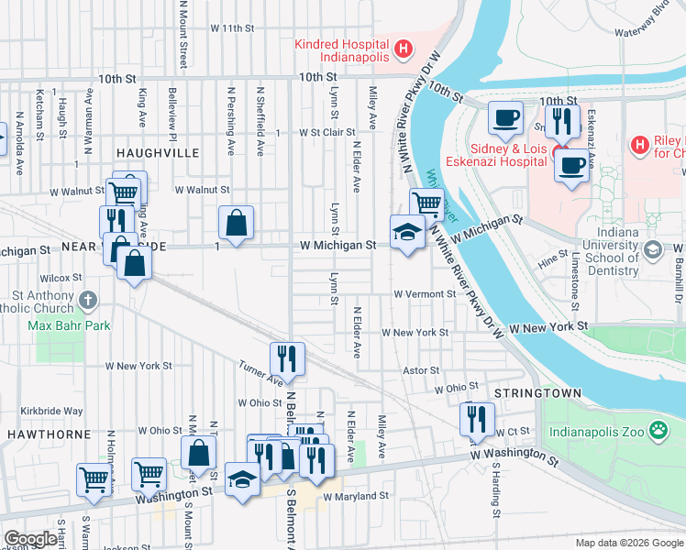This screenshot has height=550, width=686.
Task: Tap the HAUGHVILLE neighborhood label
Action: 151,153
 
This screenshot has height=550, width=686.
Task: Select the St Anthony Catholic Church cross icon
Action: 87,300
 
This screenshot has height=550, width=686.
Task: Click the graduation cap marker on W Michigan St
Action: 406,232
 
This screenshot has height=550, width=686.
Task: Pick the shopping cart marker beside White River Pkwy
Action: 426,203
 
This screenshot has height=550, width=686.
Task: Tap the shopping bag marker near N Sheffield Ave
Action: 236,222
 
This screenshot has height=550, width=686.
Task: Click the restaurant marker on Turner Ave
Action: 287,358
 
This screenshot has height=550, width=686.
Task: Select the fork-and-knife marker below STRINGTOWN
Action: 476,419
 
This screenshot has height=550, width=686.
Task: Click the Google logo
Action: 30,539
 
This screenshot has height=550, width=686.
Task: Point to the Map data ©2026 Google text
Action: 628,543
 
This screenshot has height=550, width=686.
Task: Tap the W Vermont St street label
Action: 425,294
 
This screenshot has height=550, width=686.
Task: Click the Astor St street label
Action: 422,370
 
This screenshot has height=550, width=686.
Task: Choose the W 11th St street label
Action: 231,28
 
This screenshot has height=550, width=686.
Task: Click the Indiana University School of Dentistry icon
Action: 652,249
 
